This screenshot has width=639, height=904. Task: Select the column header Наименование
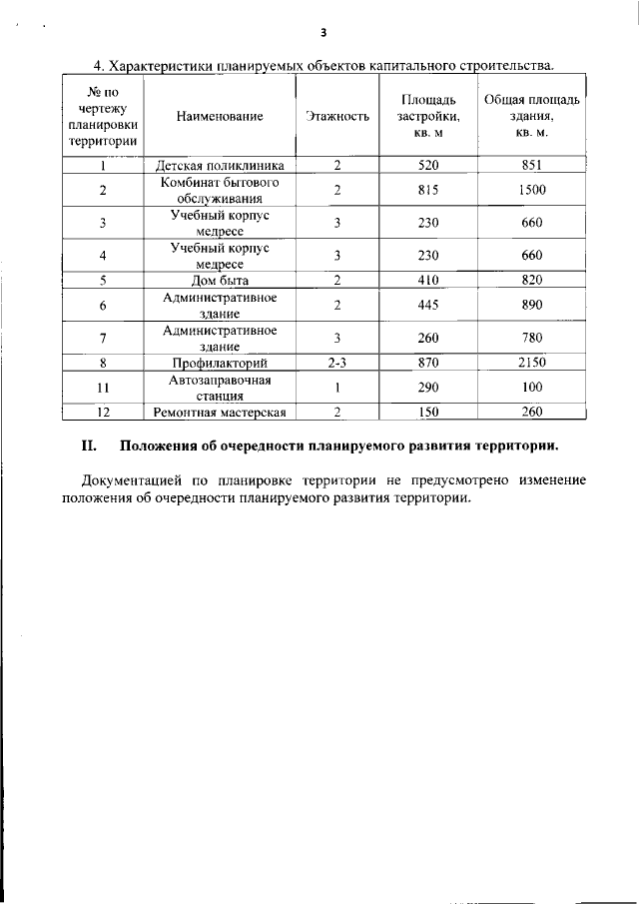[x=220, y=116]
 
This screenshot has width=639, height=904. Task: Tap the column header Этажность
[x=337, y=116]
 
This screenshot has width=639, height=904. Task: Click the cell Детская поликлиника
[x=220, y=166]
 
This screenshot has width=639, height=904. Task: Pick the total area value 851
[x=532, y=166]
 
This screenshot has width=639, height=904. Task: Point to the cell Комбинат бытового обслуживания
[x=220, y=190]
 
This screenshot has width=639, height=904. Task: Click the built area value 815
[x=428, y=190]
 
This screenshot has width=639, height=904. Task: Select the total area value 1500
[x=532, y=190]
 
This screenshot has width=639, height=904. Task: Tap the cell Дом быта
[x=220, y=280]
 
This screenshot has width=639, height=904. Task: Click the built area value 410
[x=428, y=280]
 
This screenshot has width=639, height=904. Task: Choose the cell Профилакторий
[x=220, y=363]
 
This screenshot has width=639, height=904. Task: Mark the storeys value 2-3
[x=337, y=363]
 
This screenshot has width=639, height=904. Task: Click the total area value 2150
[x=532, y=363]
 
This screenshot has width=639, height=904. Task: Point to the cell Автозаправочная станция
[x=220, y=387]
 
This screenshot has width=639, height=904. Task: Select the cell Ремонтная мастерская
[x=220, y=412]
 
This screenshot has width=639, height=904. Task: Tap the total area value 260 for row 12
[x=532, y=412]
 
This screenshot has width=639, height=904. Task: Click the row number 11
[x=103, y=387]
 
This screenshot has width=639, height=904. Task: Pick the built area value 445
[x=428, y=305]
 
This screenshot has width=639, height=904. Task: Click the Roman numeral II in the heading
[x=86, y=446]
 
